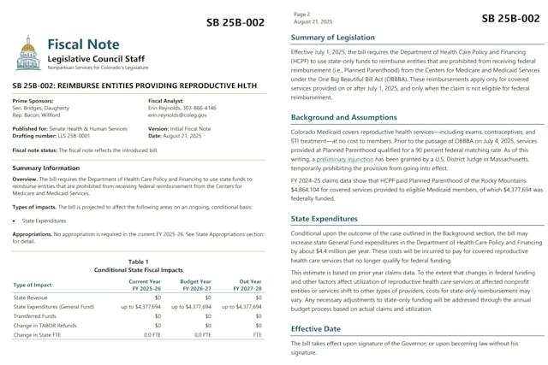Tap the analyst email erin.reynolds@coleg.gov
pyautogui.click(x=182, y=114)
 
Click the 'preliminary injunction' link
pyautogui.click(x=345, y=159)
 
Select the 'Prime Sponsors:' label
pyautogui.click(x=33, y=100)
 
